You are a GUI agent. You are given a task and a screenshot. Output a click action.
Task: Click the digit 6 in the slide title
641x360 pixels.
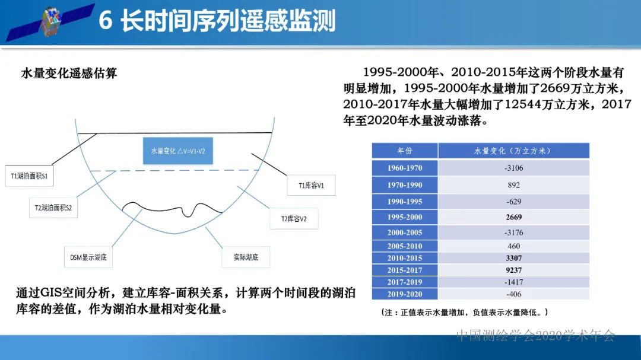click(x=106, y=21)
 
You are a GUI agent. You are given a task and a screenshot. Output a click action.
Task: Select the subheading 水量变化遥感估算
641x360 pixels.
click(x=69, y=73)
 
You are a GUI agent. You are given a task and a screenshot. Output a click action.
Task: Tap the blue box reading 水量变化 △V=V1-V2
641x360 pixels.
click(x=177, y=151)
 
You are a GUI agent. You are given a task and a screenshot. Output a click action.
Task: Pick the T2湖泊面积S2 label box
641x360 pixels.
click(x=53, y=208)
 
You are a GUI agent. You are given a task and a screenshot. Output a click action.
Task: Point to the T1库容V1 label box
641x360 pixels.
click(x=311, y=185)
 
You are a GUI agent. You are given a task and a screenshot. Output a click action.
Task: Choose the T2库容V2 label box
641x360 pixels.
click(x=294, y=218)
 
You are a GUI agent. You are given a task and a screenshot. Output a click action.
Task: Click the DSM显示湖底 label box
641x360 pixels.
click(x=88, y=257)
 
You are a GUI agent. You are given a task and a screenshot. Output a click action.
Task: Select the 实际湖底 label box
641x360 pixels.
click(x=245, y=257)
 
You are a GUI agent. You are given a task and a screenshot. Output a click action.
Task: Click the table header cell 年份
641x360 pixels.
click(x=405, y=151)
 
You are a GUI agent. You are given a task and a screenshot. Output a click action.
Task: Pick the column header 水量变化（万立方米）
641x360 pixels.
click(x=513, y=151)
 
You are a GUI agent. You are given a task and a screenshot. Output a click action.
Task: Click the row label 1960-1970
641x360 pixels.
click(x=405, y=168)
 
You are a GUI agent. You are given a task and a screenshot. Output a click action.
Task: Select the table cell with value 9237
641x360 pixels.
click(x=513, y=270)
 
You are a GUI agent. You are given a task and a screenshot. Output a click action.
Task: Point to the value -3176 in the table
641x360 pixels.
click(x=513, y=232)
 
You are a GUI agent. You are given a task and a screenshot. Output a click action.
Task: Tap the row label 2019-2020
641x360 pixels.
click(x=405, y=294)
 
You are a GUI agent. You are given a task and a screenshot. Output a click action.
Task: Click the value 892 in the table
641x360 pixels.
click(x=513, y=185)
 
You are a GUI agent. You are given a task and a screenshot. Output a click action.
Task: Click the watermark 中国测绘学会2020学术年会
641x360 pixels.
click(x=536, y=336)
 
